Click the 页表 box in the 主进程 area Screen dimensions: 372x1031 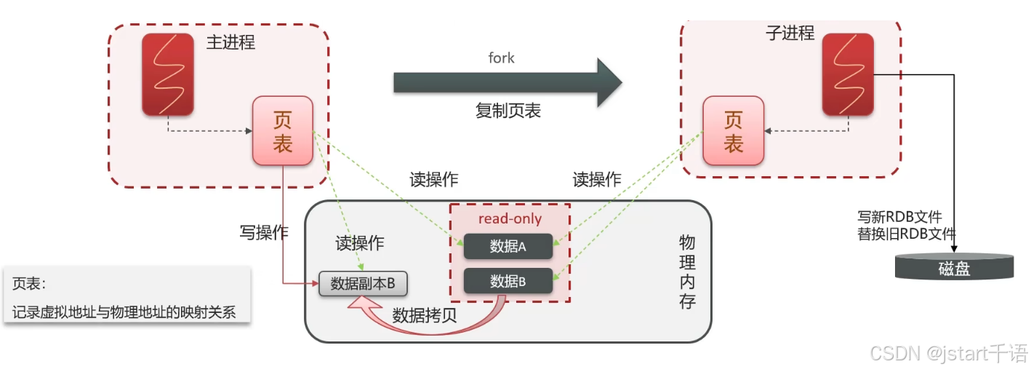coord(282,131)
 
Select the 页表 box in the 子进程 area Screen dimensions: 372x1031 coord(733,131)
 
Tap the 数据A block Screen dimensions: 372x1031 coord(508,246)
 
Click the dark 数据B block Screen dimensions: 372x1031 coord(508,281)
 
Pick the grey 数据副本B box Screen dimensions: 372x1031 coord(363,284)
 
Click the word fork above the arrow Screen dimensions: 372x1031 coord(501,58)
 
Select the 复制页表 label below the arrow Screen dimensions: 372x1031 coord(508,111)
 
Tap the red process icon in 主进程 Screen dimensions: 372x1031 coord(168,74)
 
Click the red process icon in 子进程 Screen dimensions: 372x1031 coord(847,74)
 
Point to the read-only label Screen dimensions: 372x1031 coord(510,218)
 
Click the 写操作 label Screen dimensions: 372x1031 coord(264,233)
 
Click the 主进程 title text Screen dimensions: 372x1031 coord(230,42)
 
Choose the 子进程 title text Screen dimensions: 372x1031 coord(790,33)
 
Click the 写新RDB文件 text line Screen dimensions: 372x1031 coord(900,217)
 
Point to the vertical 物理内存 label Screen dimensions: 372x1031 coord(687,272)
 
